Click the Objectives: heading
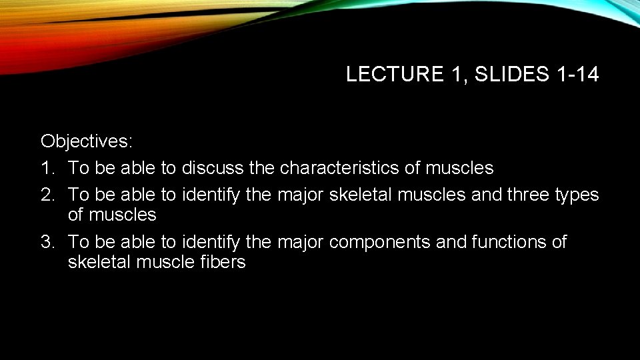coord(87,141)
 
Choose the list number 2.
coord(47,195)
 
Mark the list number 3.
coord(47,241)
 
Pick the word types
coord(579,195)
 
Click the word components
coord(379,242)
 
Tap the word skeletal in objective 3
coord(99,262)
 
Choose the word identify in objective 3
coord(211,242)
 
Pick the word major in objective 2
coord(300,195)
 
